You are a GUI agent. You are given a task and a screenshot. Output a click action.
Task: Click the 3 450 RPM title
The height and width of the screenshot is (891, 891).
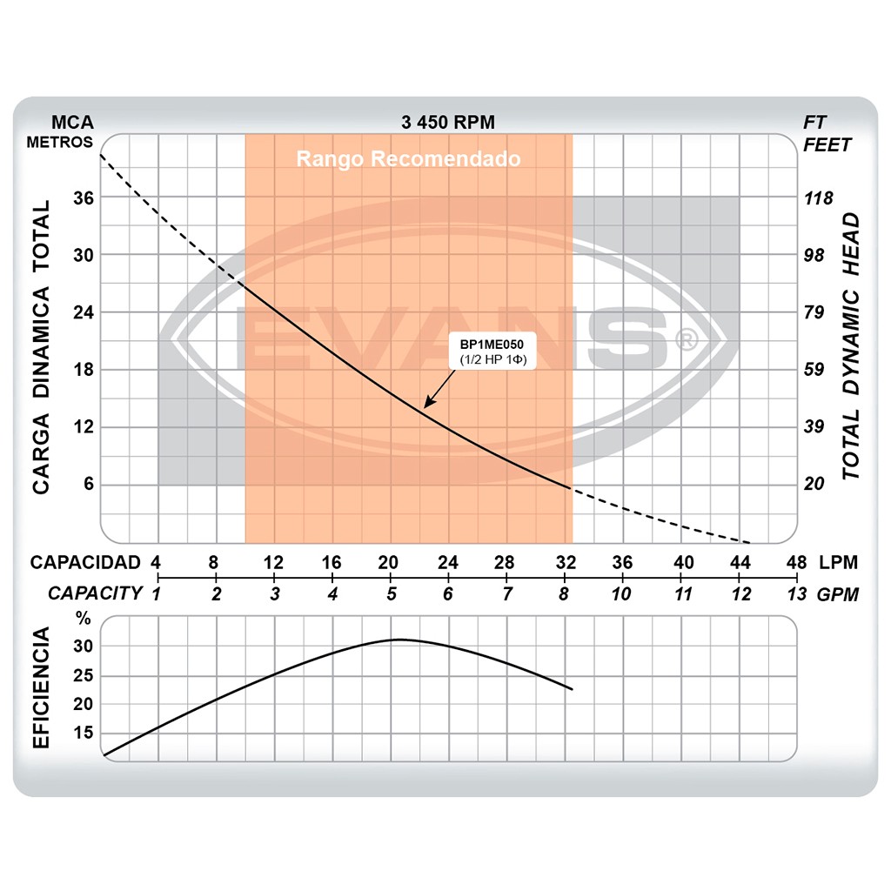[448, 123]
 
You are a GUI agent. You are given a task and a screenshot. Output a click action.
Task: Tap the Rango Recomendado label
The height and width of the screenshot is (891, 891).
[408, 159]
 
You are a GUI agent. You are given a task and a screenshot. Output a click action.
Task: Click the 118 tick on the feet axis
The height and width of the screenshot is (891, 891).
[818, 198]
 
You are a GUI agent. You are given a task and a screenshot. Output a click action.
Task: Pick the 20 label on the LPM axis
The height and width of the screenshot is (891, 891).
[389, 562]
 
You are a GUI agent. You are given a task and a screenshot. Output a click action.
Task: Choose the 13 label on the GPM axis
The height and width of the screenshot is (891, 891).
[796, 594]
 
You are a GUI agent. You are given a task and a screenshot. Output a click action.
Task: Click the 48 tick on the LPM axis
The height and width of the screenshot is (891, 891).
[796, 562]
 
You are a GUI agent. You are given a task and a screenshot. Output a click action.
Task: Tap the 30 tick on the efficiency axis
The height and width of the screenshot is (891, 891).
[83, 646]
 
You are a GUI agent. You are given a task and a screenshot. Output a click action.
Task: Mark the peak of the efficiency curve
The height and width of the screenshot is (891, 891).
[397, 640]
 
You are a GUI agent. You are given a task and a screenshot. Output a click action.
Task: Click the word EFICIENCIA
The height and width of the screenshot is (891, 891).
[40, 687]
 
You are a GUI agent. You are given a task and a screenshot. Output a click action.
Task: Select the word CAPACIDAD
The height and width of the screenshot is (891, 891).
[85, 562]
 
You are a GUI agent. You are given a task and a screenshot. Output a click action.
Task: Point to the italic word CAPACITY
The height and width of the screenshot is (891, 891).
[95, 593]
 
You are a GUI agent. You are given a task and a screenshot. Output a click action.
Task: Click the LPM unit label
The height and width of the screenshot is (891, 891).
[839, 562]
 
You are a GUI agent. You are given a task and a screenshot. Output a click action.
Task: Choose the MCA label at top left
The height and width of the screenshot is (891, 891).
[72, 123]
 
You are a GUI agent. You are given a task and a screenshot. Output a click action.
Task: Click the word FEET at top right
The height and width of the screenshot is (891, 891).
[827, 144]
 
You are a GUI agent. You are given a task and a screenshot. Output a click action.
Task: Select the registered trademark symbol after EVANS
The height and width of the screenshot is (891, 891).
[687, 338]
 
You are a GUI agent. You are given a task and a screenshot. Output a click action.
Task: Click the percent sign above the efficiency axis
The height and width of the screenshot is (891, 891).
[83, 620]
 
